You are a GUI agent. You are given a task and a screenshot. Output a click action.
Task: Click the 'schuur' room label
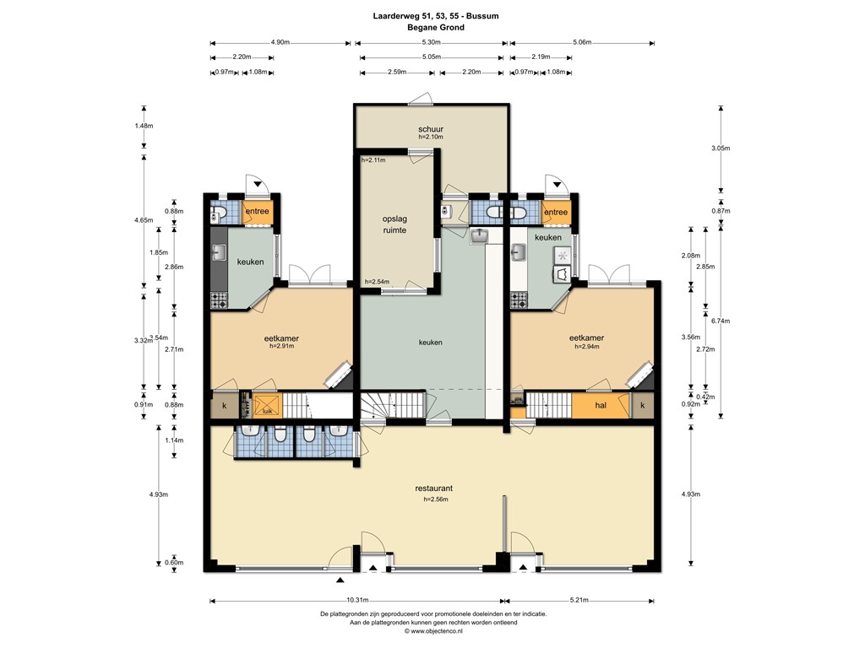[431, 129]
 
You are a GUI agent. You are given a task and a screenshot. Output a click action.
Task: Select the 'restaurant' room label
[434, 489]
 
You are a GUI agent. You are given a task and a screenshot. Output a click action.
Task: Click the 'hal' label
[601, 406]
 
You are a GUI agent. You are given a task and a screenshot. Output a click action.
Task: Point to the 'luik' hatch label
[267, 412]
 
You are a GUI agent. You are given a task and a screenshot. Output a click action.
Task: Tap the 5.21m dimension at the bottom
[579, 601]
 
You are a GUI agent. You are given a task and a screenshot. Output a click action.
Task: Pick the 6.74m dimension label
[720, 321]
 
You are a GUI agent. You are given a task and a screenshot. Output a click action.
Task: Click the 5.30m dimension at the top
[430, 42]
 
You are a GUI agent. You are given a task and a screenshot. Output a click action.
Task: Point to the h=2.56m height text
[434, 499]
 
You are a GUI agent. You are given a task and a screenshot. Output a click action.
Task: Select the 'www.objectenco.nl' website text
[434, 630]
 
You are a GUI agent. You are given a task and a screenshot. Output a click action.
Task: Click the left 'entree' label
[258, 212]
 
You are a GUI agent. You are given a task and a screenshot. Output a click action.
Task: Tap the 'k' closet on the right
[642, 406]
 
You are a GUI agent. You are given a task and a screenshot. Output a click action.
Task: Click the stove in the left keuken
[219, 298]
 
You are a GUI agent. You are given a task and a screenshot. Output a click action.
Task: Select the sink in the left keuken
[218, 251]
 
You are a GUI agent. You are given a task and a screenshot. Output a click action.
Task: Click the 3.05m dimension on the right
[720, 148]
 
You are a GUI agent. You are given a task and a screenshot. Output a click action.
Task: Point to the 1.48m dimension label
[144, 126]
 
